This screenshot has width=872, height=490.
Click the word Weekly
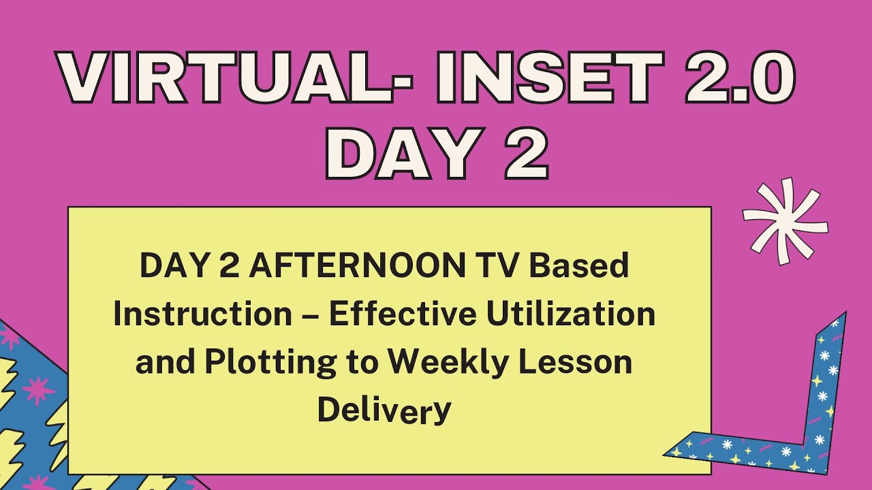coord(451,363)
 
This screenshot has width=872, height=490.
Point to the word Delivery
coord(384,411)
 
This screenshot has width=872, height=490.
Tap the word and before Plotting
coord(163,363)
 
